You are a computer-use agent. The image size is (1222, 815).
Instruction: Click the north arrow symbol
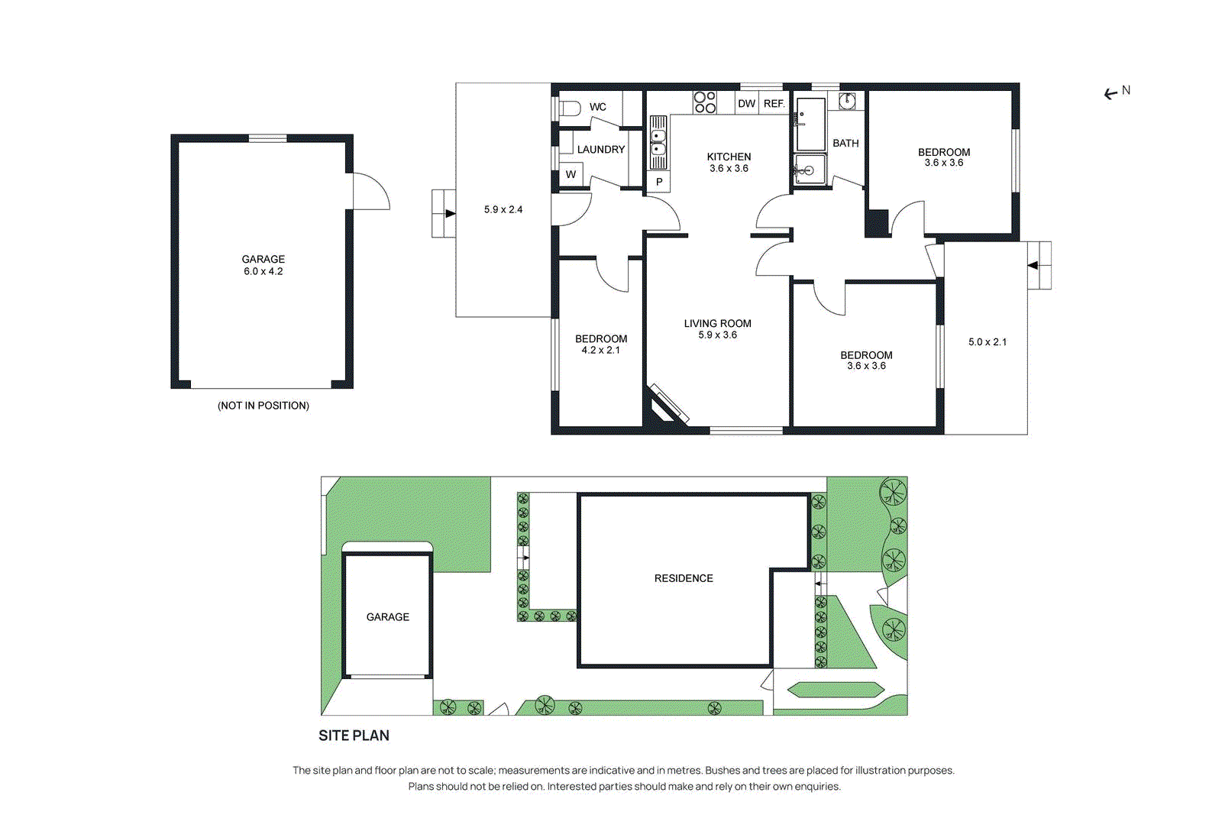coord(1111,94)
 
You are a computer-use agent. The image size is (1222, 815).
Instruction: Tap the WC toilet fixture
coord(570,108)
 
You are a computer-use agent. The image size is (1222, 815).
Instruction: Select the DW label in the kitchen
coord(746,104)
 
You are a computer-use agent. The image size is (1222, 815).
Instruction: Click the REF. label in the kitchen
coord(774,104)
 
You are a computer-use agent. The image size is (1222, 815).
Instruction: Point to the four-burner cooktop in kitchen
coord(705,102)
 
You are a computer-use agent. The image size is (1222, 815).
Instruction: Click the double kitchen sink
coord(658,143)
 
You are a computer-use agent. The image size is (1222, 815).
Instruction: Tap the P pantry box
coord(659,182)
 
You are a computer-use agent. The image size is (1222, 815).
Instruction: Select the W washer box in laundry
coord(571,174)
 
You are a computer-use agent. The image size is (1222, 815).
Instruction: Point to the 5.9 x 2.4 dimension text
coord(503,209)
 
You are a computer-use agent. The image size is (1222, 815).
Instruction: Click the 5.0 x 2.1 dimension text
coord(988,342)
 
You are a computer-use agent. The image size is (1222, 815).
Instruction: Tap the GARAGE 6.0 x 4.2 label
coord(263,265)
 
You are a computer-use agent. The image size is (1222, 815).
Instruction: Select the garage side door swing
coord(370,192)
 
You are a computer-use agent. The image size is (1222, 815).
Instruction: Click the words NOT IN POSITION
coord(263,406)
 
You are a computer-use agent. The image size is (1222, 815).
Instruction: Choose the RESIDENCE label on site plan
coord(684,578)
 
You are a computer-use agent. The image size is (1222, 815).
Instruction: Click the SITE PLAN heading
coord(354,736)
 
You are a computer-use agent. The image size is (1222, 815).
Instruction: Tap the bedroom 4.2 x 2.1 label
coord(601,344)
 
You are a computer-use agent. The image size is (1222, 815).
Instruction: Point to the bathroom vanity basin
coord(847,101)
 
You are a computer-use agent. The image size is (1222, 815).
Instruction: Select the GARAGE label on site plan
coord(387,617)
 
